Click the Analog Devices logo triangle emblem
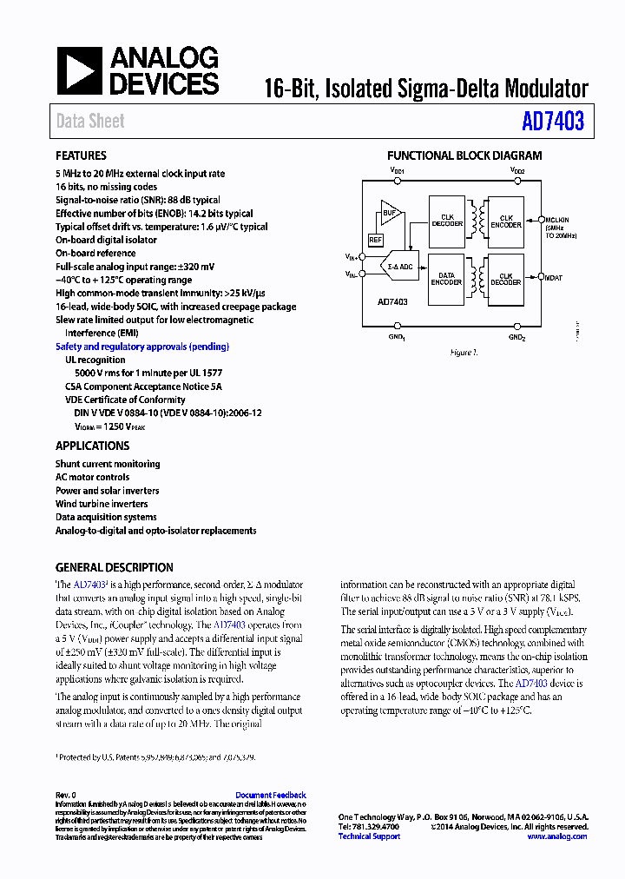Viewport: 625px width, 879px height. click(79, 70)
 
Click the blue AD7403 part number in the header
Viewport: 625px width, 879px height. click(553, 122)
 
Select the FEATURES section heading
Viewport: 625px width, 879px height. click(81, 156)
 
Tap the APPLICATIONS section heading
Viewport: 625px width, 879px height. click(92, 446)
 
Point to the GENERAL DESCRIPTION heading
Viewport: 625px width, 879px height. click(114, 567)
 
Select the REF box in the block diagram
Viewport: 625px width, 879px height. click(376, 240)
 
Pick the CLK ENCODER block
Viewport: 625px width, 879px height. click(506, 221)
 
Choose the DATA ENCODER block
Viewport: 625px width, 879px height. click(446, 279)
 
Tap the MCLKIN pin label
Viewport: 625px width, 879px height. click(557, 221)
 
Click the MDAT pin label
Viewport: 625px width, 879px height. click(554, 278)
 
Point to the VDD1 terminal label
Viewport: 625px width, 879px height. click(398, 172)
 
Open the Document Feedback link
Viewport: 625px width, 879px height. click(270, 795)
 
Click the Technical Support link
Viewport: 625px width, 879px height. click(369, 836)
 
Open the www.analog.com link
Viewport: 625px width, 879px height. click(556, 836)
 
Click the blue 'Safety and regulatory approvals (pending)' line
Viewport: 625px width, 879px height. click(142, 347)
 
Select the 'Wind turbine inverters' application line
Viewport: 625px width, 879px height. click(102, 504)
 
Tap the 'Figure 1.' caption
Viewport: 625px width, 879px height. click(464, 353)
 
